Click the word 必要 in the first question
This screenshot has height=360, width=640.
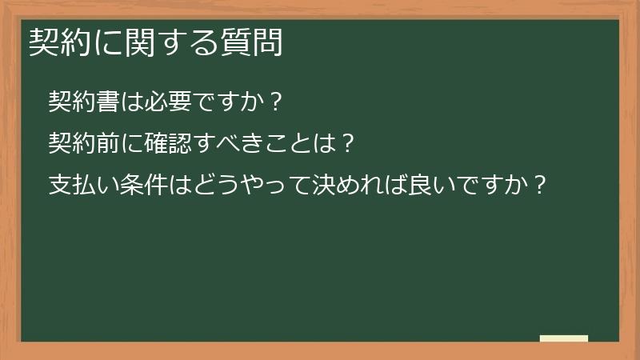[154, 102]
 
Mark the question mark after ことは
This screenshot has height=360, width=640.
[344, 144]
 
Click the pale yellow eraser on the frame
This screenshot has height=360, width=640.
[563, 338]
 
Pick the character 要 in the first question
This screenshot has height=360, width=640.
[166, 102]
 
